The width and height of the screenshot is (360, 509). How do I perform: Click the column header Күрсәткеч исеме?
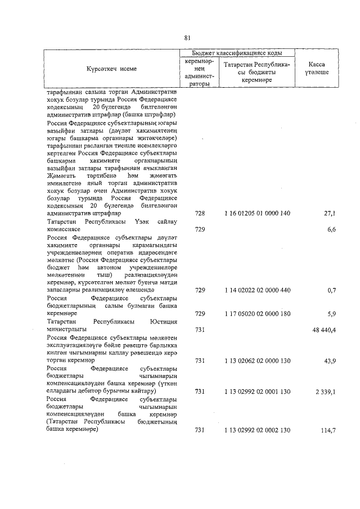pos(111,69)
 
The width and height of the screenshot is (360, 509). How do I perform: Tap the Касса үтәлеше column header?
pos(317,69)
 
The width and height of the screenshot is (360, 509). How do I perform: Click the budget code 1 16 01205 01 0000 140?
pos(256,214)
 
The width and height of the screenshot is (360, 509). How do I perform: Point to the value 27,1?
pos(329,214)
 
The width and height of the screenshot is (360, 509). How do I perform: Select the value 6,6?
pos(331,229)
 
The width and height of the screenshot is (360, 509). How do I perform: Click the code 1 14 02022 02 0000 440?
pos(256,290)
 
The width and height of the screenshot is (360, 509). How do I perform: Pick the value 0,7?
pos(331,290)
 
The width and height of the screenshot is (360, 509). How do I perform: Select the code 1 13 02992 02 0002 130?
pos(256,430)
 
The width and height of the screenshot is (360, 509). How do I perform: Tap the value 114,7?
pos(327,430)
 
